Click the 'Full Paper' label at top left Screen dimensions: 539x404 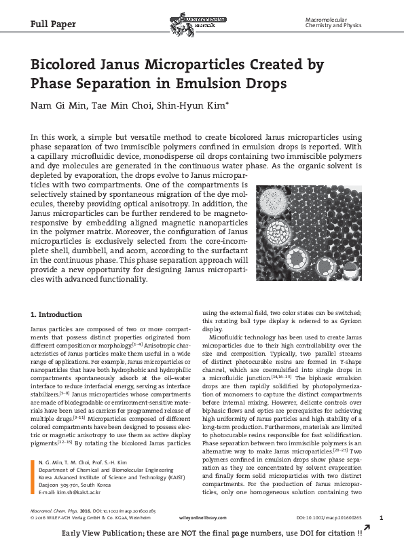click(53, 24)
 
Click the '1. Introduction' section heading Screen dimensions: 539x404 click(57, 314)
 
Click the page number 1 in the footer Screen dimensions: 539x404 click(380, 518)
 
